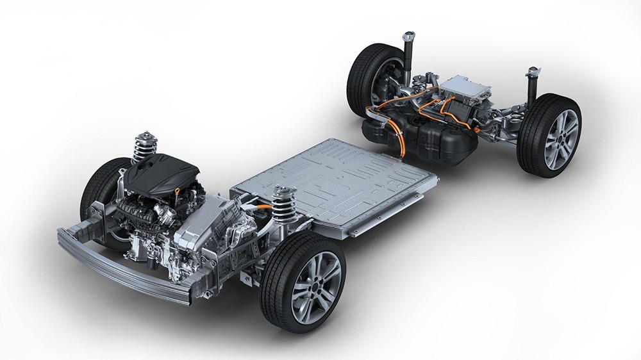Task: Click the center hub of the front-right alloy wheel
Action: (x=317, y=284)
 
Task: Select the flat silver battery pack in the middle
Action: (x=333, y=183)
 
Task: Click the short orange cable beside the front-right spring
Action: (x=263, y=208)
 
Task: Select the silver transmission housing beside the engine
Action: (x=205, y=225)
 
